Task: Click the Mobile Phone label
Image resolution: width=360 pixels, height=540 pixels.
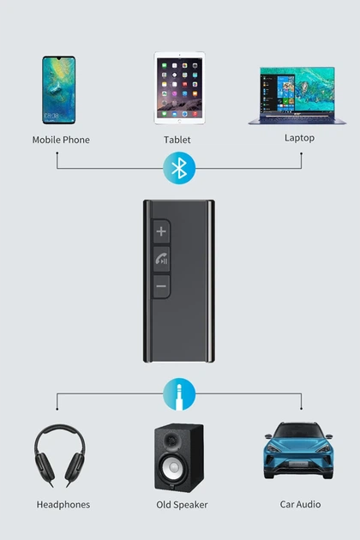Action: pos(61,140)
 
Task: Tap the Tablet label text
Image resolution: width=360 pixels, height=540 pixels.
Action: pos(177,140)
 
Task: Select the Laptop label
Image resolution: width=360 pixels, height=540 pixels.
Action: pos(299,138)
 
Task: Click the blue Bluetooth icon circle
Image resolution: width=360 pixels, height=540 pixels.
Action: pos(179,168)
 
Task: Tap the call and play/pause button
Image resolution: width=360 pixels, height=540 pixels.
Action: pos(161,260)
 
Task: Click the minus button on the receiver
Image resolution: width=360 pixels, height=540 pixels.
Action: pos(161,286)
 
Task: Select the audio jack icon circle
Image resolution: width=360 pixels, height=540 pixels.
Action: pos(179,394)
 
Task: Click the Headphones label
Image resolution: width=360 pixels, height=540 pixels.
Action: pos(63,505)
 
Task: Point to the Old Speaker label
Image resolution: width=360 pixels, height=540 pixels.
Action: pos(182,505)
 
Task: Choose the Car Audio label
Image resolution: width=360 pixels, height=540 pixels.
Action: pos(300,505)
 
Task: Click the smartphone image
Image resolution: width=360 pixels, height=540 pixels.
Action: pos(58,90)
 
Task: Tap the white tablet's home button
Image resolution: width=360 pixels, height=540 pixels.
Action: pos(179,121)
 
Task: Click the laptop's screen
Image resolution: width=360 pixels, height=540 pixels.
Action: pos(297,90)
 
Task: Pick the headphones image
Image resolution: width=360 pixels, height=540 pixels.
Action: pos(59,455)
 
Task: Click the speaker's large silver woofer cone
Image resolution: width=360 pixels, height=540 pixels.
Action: pos(174,467)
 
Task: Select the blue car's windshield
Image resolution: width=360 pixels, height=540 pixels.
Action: pos(298,430)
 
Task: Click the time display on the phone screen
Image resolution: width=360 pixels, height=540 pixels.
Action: pos(51,116)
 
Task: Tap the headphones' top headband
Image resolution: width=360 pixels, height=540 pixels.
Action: pos(60,430)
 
